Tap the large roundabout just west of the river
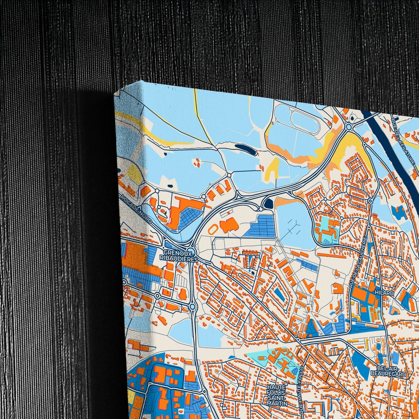[349, 127]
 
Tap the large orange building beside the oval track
[229, 225]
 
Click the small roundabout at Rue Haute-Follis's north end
[298, 339]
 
